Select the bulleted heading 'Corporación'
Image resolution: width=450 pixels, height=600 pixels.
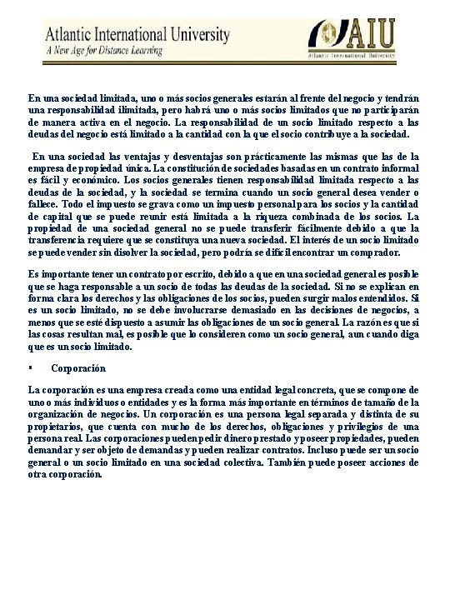77,367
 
